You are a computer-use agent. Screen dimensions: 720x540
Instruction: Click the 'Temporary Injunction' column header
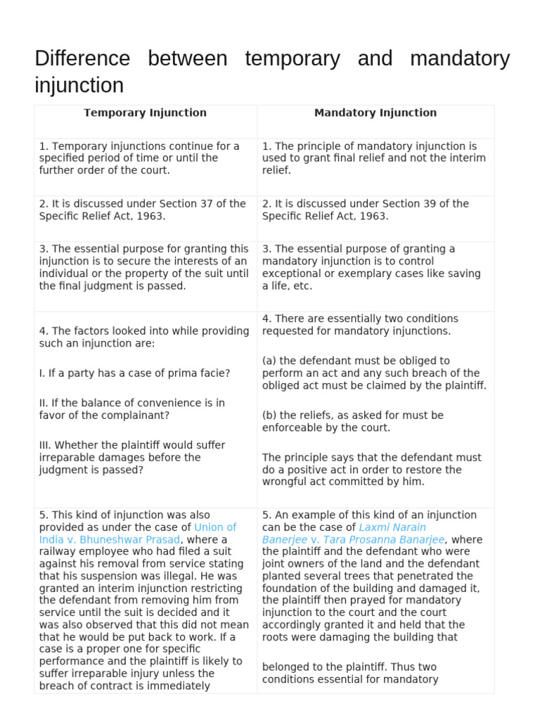click(145, 112)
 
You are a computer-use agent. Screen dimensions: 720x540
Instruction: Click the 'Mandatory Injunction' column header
click(375, 112)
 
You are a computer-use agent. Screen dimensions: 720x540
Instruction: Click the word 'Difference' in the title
click(82, 58)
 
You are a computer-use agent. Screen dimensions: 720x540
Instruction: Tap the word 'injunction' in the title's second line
click(79, 86)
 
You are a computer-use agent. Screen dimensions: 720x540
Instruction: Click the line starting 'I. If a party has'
click(134, 373)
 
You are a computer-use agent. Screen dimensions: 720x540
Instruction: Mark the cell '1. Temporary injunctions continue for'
click(139, 158)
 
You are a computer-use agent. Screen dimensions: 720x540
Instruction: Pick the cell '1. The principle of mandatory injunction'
click(373, 158)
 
